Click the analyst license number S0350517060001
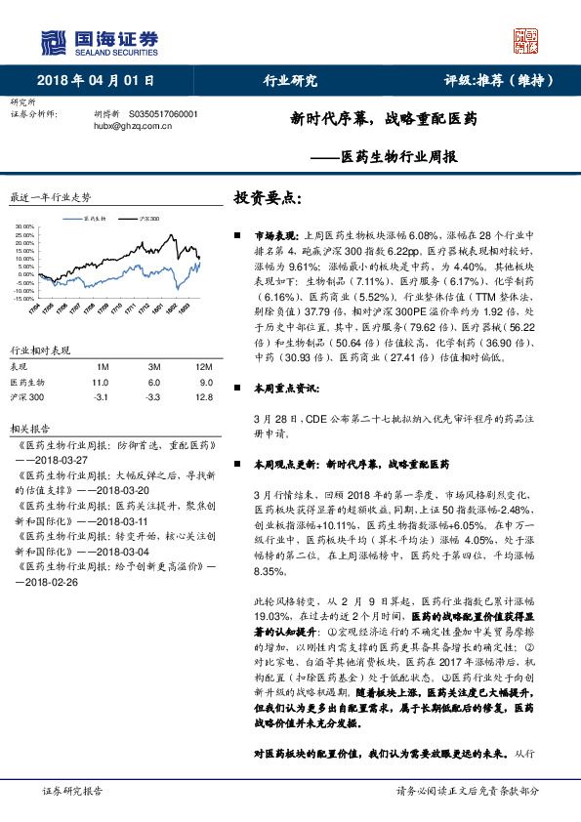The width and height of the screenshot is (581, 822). pos(163,113)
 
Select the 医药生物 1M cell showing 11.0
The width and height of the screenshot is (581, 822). pos(100,383)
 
